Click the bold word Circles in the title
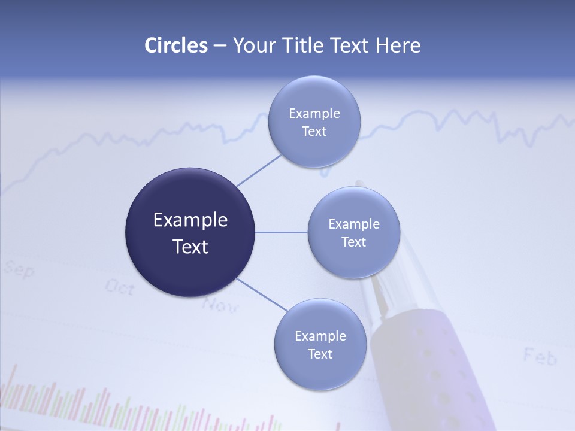pyautogui.click(x=176, y=45)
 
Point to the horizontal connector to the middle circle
pyautogui.click(x=281, y=232)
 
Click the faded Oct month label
pyautogui.click(x=120, y=287)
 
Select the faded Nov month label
pyautogui.click(x=220, y=305)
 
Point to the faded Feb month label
pyautogui.click(x=540, y=357)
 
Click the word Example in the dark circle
pyautogui.click(x=190, y=220)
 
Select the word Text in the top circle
pyautogui.click(x=314, y=132)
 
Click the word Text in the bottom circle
pyautogui.click(x=320, y=354)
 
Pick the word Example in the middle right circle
pyautogui.click(x=353, y=224)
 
